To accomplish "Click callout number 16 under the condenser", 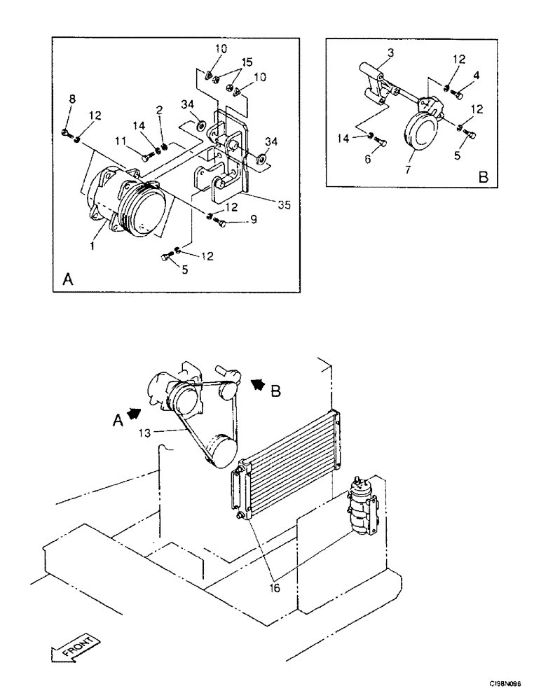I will coord(275,588).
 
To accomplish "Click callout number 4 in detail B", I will coord(476,75).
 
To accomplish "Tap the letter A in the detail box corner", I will coord(68,279).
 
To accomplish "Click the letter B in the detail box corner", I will coord(483,178).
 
